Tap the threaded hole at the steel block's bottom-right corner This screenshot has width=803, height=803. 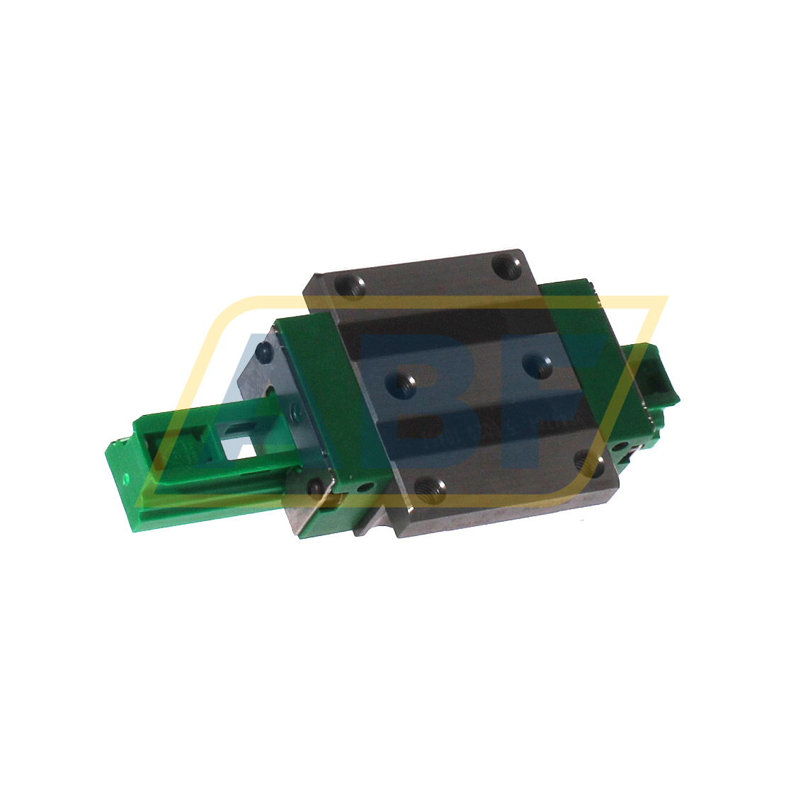click(587, 460)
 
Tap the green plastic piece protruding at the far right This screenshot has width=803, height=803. click(655, 375)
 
